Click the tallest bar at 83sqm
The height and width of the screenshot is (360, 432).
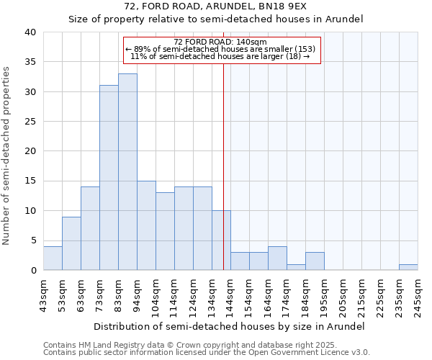tap(127, 172)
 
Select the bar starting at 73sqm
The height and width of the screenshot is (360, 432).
tap(109, 178)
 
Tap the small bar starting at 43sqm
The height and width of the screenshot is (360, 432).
tap(53, 258)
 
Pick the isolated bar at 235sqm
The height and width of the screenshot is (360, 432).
tap(408, 267)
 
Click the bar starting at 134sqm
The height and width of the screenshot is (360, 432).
tap(221, 240)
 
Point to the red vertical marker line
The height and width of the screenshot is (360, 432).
tap(224, 166)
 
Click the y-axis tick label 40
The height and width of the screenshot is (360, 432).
tap(30, 32)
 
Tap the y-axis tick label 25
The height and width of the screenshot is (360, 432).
tap(30, 122)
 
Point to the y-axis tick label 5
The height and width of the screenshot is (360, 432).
tap(32, 240)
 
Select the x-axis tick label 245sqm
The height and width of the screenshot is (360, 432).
tap(418, 296)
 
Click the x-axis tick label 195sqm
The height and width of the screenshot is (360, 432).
tap(324, 296)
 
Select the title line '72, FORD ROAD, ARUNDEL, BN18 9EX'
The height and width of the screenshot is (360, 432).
tap(216, 6)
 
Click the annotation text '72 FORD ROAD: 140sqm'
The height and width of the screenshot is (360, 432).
tap(220, 42)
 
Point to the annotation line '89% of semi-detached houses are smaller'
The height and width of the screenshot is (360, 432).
tap(220, 49)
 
